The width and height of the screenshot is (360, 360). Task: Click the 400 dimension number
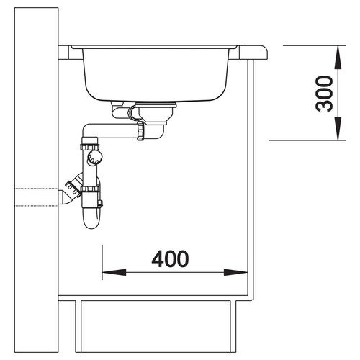click(170, 259)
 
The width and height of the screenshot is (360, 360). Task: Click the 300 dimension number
click(324, 94)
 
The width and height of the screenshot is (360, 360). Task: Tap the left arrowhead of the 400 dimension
click(114, 272)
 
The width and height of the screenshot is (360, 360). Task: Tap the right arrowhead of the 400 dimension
click(235, 272)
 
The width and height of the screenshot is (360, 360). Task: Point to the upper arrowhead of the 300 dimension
click(338, 57)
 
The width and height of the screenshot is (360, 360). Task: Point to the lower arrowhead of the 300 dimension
click(338, 128)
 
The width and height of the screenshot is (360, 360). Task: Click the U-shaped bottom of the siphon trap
click(91, 219)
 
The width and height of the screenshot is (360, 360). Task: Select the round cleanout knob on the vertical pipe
click(94, 157)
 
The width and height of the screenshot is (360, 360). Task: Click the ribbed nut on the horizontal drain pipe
click(140, 130)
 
